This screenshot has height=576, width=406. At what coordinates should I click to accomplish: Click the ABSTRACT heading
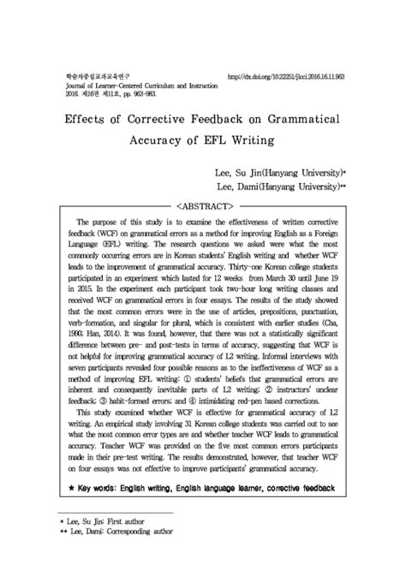tap(203, 206)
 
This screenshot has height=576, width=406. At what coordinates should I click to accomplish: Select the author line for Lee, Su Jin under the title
tap(274, 172)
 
